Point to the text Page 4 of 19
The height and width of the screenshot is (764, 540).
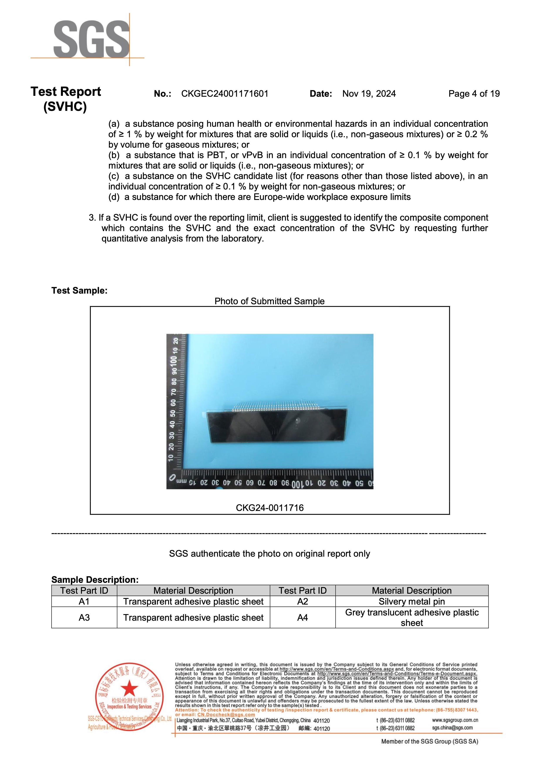[474, 94]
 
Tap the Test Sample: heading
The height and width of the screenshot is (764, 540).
[79, 291]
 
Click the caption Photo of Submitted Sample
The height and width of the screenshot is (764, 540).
[269, 301]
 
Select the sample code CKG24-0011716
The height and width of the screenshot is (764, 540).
[269, 508]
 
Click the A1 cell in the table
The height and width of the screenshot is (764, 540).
[84, 601]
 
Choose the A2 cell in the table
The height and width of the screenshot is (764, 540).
[302, 601]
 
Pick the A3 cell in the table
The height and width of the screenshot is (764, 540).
[84, 618]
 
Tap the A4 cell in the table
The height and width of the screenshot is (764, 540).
[302, 618]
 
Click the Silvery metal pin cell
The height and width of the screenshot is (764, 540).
[412, 601]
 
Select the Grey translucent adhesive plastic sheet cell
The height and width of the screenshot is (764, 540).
[412, 618]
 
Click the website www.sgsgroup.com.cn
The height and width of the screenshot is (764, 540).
[455, 720]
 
